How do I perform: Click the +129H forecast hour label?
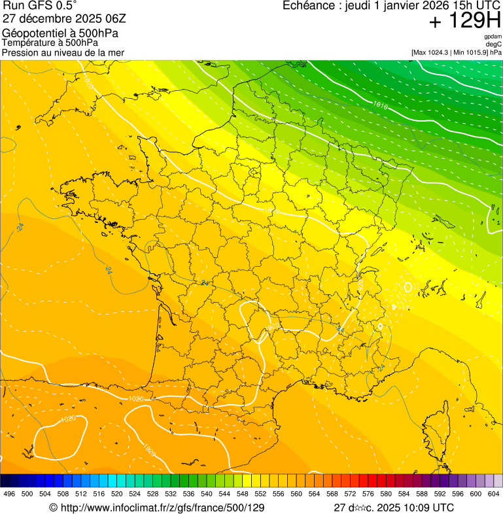464,22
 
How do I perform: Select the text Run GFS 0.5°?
40,6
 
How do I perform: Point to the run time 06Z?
123,18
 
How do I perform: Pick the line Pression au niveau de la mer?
63,52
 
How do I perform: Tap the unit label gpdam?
493,37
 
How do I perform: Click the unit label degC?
494,44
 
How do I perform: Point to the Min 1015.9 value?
472,52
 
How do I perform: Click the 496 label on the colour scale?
9,494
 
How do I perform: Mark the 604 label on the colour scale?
494,494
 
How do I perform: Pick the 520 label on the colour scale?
117,494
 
